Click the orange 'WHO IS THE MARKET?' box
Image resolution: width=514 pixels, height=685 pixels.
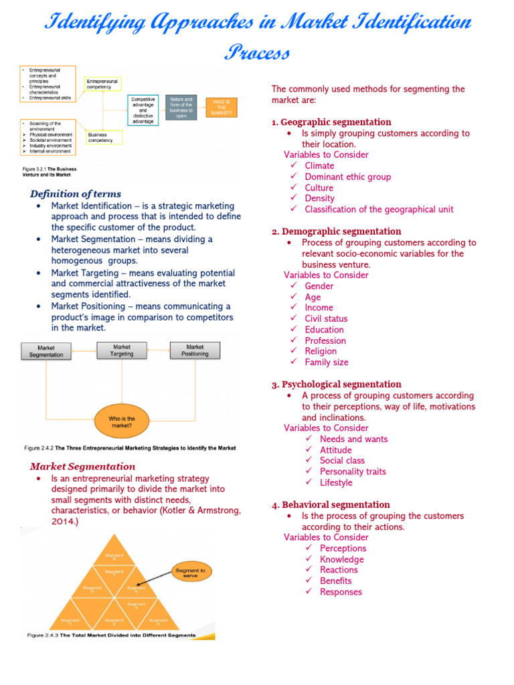click(222, 107)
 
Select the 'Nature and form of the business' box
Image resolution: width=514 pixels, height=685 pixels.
click(181, 107)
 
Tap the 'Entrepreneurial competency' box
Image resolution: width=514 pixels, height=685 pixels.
click(103, 84)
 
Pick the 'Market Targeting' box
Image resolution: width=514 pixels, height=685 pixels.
click(121, 351)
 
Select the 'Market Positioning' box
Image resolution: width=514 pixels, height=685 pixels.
click(195, 351)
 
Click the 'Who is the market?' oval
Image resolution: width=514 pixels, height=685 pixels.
click(122, 422)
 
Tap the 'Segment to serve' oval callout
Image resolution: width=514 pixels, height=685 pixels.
click(191, 572)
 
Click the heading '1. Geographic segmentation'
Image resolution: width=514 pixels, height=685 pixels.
click(331, 122)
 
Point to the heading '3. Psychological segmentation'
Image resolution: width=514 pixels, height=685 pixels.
click(337, 384)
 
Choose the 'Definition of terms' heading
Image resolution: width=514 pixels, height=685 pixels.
click(76, 194)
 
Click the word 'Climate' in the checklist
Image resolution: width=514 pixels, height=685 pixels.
click(319, 166)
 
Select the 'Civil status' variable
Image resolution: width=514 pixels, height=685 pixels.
click(326, 318)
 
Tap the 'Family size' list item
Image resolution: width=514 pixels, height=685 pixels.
click(327, 362)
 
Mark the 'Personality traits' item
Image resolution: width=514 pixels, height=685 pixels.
click(353, 472)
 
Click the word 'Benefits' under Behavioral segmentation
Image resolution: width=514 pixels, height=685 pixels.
click(336, 581)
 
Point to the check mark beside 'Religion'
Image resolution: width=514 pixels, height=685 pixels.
click(294, 351)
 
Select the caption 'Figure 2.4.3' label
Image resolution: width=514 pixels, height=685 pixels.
click(43, 635)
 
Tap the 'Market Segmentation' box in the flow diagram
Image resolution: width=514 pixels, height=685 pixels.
click(46, 351)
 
